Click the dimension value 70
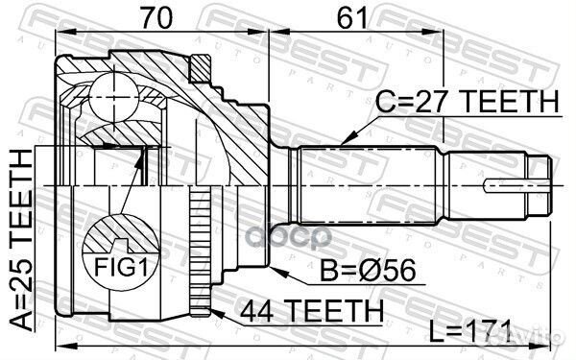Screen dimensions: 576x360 pos(156,18)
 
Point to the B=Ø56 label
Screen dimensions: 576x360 pos(368,271)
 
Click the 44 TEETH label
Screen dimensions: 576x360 pos(312,311)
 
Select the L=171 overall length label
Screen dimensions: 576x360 pos(470,329)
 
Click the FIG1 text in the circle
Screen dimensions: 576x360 pos(121,267)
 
